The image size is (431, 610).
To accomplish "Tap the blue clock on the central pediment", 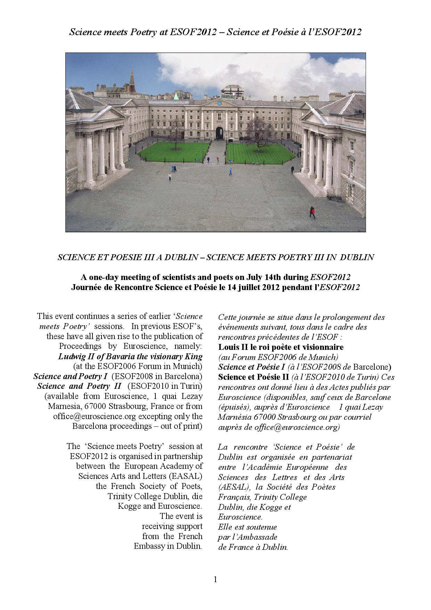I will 219,103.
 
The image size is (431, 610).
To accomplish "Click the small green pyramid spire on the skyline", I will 176,96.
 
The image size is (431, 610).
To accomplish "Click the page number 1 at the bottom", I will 215,579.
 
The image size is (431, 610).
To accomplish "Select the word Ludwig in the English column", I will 70,356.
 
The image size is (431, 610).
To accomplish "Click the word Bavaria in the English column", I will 110,356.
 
